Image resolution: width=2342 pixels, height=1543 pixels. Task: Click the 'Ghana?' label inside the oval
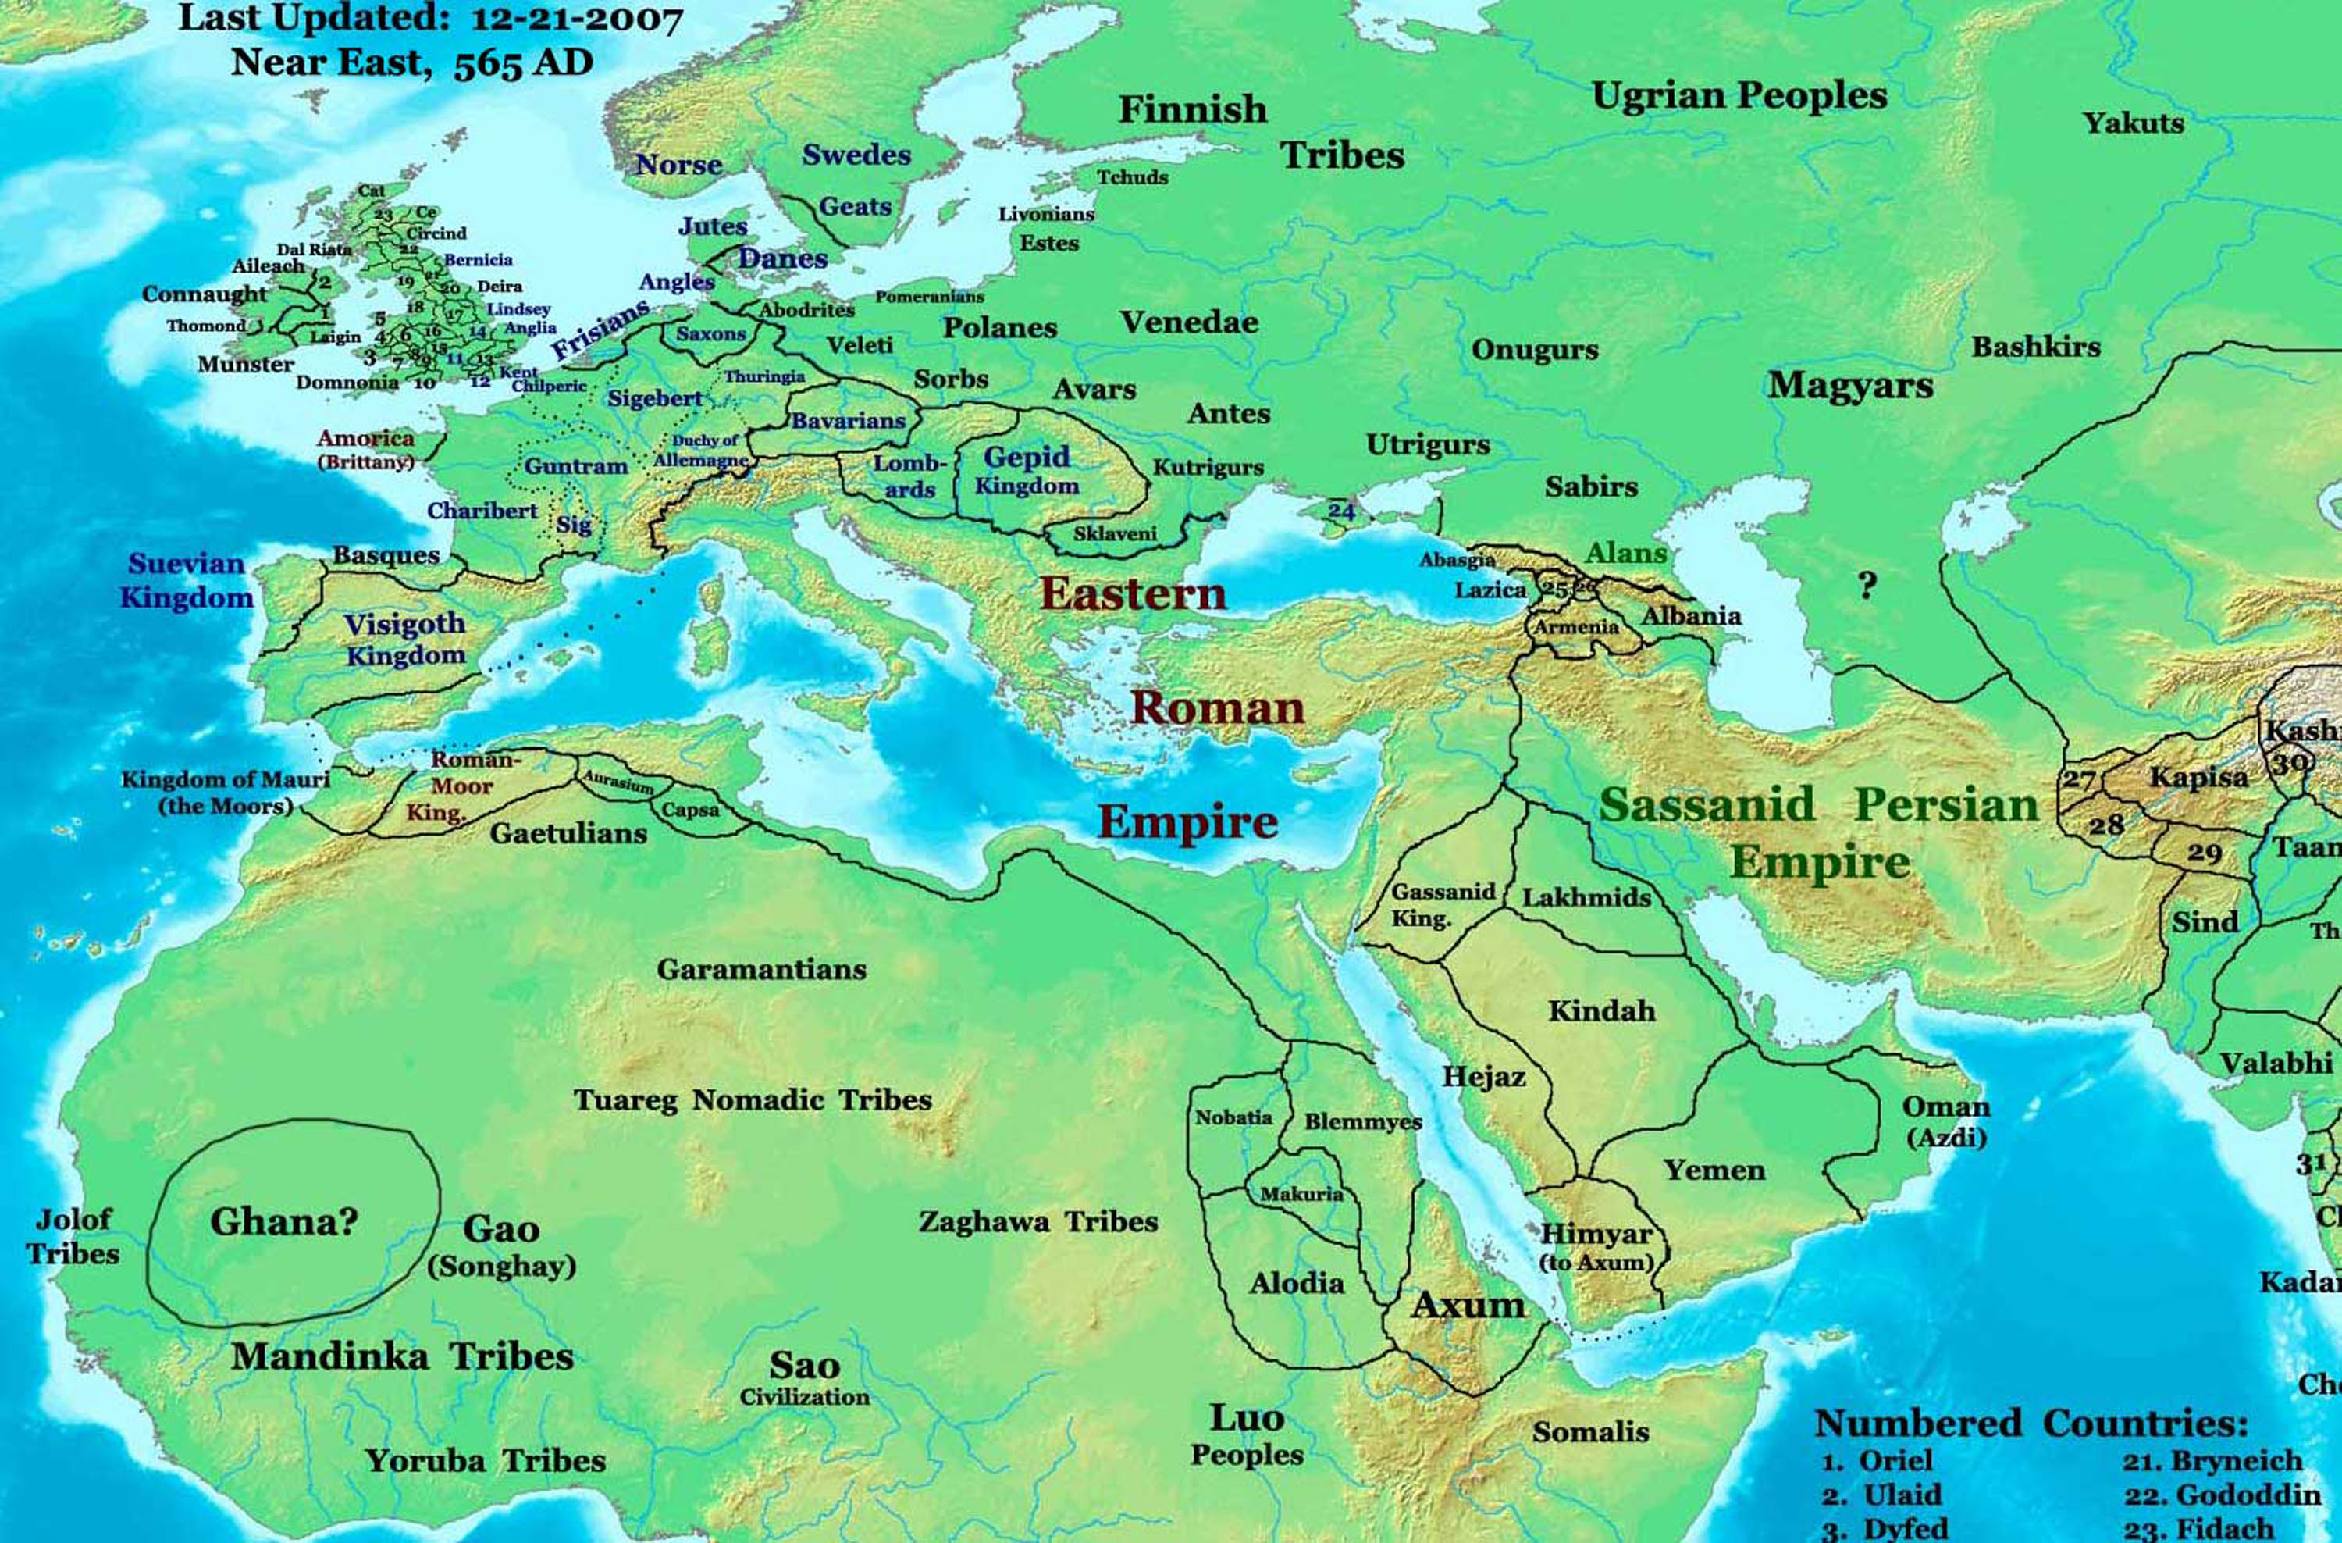click(x=283, y=1222)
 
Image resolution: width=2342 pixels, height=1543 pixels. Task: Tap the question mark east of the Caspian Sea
click(x=1867, y=586)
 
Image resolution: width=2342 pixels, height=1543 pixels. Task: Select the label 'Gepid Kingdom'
click(x=1027, y=470)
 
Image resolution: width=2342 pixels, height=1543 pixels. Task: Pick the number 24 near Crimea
click(x=1341, y=511)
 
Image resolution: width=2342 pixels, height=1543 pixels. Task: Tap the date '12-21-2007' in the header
click(x=563, y=20)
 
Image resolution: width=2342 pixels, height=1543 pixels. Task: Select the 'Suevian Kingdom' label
click(x=187, y=581)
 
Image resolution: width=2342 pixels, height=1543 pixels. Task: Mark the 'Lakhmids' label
click(x=1586, y=897)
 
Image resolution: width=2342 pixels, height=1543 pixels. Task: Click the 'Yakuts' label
click(x=2134, y=124)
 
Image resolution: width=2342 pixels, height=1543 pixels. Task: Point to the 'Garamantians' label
click(x=762, y=969)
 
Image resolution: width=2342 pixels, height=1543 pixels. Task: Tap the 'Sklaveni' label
click(x=1114, y=534)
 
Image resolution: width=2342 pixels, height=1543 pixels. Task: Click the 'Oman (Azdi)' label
click(x=1945, y=1121)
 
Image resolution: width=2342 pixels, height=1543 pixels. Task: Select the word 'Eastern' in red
click(x=1133, y=594)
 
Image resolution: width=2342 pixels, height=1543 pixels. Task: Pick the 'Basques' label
click(x=386, y=555)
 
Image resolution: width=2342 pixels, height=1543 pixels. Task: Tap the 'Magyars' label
click(x=1850, y=386)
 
